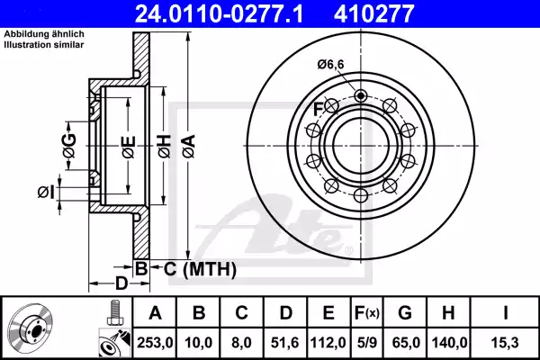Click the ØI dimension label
click(46, 191)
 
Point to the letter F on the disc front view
click(317, 110)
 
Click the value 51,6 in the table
click(286, 341)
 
